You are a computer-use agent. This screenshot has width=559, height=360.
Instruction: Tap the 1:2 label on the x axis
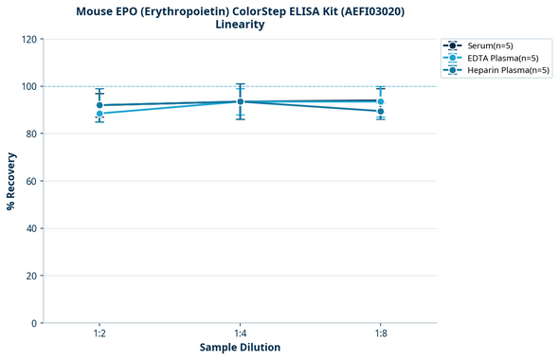pyautogui.click(x=99, y=334)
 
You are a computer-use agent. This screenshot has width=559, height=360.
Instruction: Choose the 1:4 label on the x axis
pyautogui.click(x=240, y=334)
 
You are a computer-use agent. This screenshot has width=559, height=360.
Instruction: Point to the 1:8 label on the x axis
pyautogui.click(x=380, y=334)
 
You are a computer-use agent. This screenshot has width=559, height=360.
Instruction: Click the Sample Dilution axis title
pyautogui.click(x=240, y=348)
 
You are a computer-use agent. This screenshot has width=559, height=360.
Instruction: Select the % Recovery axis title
pyautogui.click(x=11, y=181)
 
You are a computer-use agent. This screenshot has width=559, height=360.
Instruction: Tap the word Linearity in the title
pyautogui.click(x=240, y=25)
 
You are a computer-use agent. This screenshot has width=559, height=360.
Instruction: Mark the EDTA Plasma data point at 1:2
pyautogui.click(x=99, y=114)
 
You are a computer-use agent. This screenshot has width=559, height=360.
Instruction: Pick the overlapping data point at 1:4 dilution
pyautogui.click(x=240, y=101)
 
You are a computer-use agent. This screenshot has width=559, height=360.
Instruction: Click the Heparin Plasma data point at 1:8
pyautogui.click(x=380, y=111)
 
